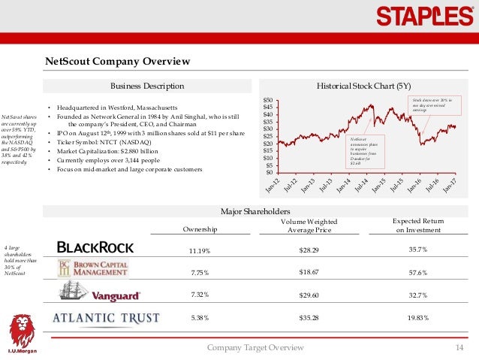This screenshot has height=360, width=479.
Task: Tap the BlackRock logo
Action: tap(95, 247)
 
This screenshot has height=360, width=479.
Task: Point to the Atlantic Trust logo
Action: tap(105, 318)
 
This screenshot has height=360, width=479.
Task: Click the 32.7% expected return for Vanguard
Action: tap(417, 295)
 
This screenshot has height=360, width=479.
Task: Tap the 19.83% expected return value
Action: tap(417, 318)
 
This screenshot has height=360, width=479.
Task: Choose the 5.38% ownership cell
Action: tap(199, 318)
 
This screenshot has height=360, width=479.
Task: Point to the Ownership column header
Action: tap(199, 228)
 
